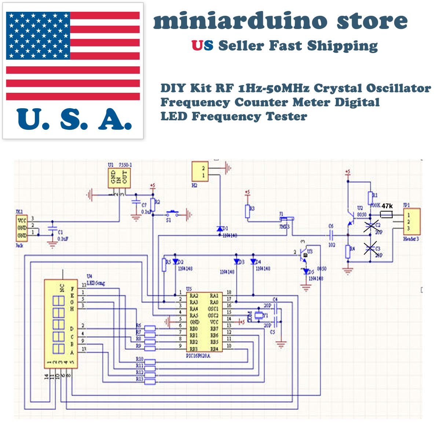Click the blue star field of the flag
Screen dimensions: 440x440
coord(38,36)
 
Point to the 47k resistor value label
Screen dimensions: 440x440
coord(387,206)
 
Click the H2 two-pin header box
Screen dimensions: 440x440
coord(200,172)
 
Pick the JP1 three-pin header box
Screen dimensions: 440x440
coord(412,222)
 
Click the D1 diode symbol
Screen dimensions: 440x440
coord(220,229)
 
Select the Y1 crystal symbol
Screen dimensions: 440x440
coord(259,315)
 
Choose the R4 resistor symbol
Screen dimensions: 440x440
coord(348,252)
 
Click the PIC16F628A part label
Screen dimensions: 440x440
coord(198,356)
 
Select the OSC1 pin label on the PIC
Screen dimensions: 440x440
coord(213,309)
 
